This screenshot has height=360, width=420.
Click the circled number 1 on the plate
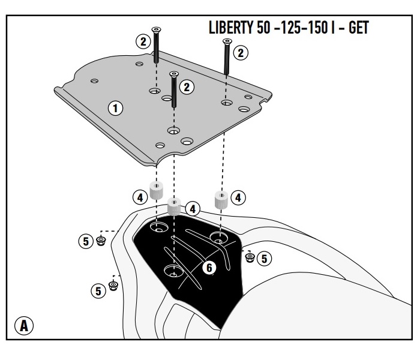[115, 108]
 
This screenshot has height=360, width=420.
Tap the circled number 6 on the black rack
[208, 268]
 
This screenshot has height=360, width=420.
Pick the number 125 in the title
[292, 28]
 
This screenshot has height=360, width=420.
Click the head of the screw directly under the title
[227, 40]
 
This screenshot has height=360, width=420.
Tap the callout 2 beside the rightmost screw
[241, 53]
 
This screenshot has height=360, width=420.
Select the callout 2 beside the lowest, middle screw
[187, 88]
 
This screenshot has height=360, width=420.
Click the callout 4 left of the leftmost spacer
[139, 196]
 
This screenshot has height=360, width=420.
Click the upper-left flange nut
[101, 241]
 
